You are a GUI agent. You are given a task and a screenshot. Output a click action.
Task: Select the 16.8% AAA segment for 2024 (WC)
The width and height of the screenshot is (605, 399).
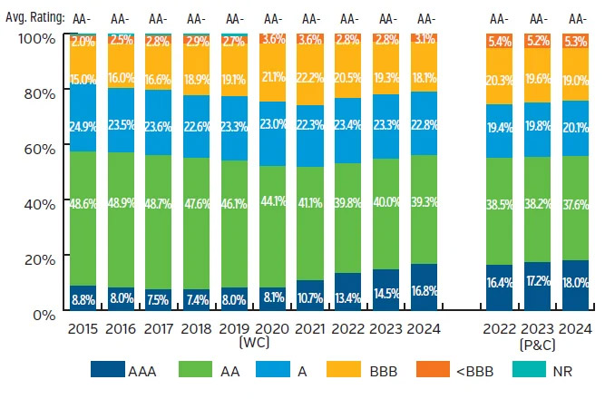tap(425, 289)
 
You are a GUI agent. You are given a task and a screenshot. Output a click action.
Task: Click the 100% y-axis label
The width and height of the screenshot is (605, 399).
tap(34, 37)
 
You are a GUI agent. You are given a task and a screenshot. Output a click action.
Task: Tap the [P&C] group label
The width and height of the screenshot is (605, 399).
tap(537, 345)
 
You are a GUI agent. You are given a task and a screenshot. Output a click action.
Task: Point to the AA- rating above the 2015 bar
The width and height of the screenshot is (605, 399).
tap(83, 17)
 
